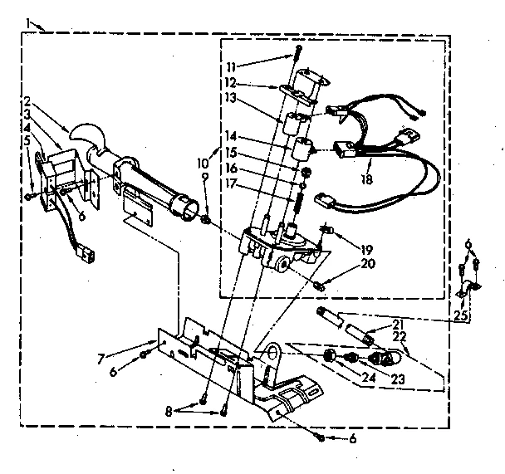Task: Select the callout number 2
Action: click(27, 100)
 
